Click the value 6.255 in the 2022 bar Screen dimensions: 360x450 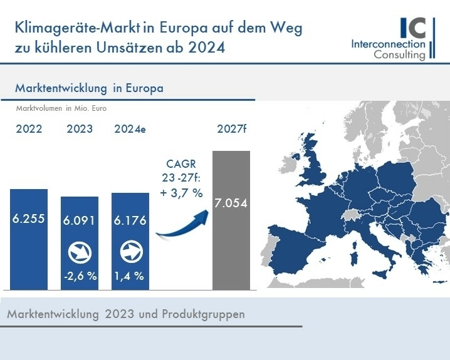[29, 219]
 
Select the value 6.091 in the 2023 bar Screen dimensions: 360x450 [80, 221]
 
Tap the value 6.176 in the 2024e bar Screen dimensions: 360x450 [130, 221]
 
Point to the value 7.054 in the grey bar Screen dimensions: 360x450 [231, 203]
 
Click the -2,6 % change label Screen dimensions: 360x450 [80, 276]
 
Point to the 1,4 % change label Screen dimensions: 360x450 [130, 276]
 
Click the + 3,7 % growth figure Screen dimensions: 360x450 [181, 193]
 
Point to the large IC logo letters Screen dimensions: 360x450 [414, 27]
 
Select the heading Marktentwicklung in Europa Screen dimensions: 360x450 [89, 88]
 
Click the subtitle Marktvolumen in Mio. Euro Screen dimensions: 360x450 [61, 108]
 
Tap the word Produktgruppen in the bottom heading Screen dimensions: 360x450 [210, 314]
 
